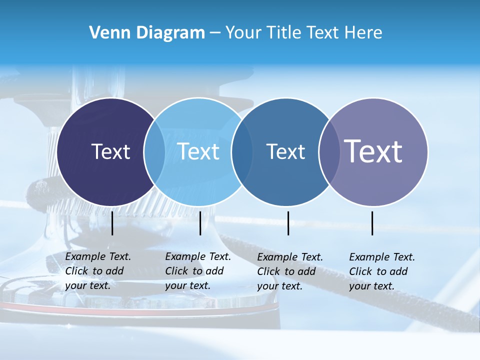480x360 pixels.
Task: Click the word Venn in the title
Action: pos(105,33)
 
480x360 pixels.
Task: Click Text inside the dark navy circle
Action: pos(110,151)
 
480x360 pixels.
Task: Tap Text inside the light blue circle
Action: pos(198,151)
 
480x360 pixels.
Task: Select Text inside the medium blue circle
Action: pos(285,151)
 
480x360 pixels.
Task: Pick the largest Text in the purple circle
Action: pos(373,151)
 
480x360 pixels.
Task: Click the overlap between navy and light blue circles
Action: pos(154,151)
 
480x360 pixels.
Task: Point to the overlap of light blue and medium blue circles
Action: pos(242,151)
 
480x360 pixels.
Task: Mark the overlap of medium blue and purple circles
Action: pos(329,151)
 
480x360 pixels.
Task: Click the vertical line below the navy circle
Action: pos(112,223)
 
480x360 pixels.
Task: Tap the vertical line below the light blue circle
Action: pos(200,223)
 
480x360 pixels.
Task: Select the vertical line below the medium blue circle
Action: pos(288,223)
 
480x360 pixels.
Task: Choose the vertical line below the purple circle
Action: pos(372,223)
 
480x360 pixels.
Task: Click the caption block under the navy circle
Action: pos(98,271)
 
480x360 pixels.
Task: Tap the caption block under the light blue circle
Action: pos(198,271)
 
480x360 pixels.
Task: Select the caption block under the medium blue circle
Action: pos(290,271)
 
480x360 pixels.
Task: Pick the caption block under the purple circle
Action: pos(382,271)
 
